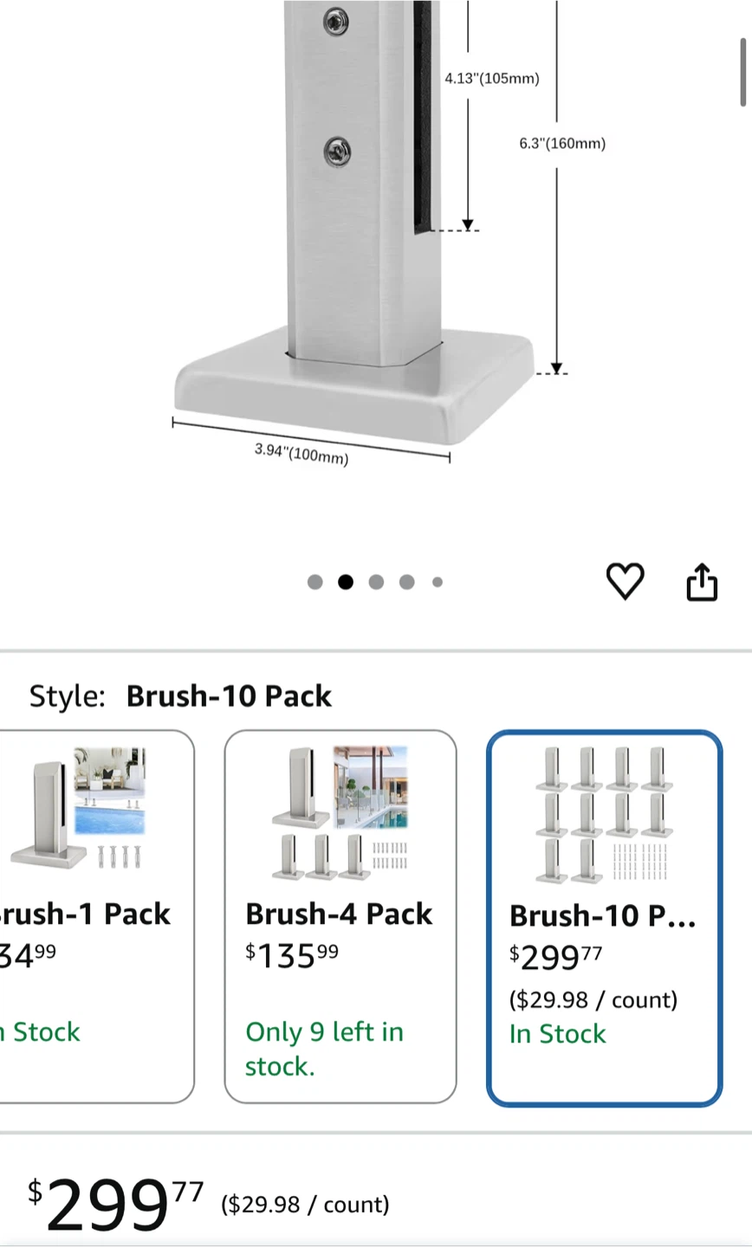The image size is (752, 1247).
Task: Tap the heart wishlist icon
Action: click(625, 581)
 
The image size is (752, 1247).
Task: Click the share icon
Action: click(702, 582)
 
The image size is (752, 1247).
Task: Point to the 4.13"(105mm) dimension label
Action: click(492, 78)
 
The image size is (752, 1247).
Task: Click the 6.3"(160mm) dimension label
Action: click(562, 144)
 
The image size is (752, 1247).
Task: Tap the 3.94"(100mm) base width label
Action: click(301, 454)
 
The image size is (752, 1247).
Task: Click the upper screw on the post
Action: click(336, 21)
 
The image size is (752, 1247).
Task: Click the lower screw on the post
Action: click(337, 151)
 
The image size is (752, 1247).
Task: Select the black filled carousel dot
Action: click(346, 582)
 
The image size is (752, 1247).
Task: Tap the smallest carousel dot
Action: click(438, 582)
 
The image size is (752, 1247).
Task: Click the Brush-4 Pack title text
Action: click(339, 914)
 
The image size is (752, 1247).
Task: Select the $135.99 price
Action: click(291, 955)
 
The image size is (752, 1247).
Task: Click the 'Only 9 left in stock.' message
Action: click(324, 1049)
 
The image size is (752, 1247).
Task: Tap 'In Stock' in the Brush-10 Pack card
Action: click(557, 1034)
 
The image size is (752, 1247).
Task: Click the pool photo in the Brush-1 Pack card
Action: click(110, 791)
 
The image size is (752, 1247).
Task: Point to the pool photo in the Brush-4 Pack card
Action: click(370, 787)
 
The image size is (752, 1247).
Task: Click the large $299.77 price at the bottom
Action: click(115, 1204)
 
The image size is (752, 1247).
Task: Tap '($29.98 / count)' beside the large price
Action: click(305, 1204)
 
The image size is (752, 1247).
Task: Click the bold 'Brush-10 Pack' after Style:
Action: click(229, 696)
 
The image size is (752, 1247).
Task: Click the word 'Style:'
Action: click(68, 696)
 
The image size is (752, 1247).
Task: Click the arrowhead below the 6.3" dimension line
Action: click(556, 367)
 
